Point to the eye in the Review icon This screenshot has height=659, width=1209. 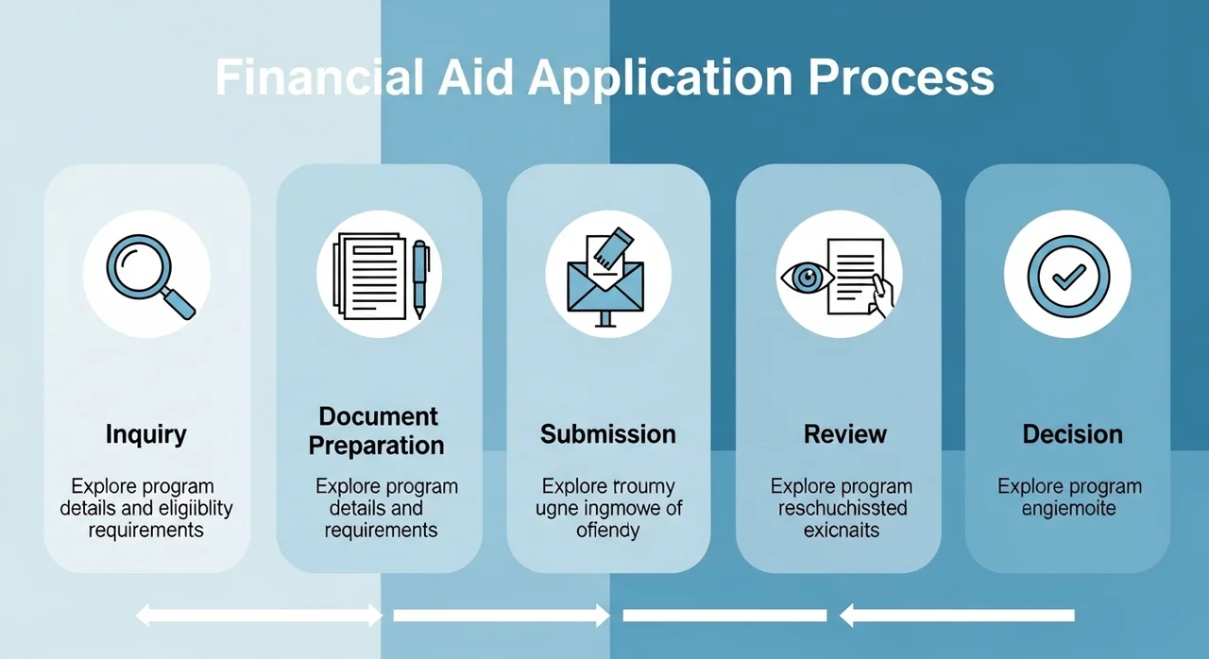[808, 277]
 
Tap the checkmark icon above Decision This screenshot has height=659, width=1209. [1067, 275]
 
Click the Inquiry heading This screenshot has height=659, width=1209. [146, 435]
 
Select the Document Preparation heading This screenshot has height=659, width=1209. [378, 431]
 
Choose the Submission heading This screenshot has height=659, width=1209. [608, 434]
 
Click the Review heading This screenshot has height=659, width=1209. [845, 434]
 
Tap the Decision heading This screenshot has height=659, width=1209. [1073, 434]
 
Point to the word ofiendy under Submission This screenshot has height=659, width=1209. [607, 531]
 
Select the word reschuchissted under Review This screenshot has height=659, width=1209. [843, 509]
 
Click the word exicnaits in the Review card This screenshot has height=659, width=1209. [842, 531]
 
